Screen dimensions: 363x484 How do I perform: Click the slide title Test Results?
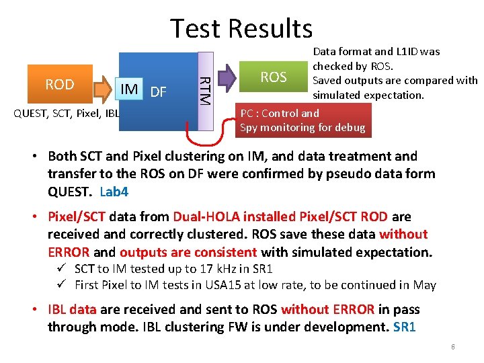(241, 28)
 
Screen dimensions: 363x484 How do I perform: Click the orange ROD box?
(60, 85)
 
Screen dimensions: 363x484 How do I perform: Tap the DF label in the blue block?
(158, 91)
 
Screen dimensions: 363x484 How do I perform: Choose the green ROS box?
(274, 77)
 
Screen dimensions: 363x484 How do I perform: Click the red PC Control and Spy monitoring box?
(302, 120)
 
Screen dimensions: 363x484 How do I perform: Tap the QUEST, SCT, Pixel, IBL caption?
(67, 112)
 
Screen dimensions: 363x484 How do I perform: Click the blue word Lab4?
(114, 192)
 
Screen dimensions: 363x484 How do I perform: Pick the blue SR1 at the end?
(405, 327)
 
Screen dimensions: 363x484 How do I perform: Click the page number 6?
(453, 347)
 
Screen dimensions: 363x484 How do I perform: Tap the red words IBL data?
(73, 310)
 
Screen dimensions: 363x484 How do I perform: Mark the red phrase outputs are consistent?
(188, 252)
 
